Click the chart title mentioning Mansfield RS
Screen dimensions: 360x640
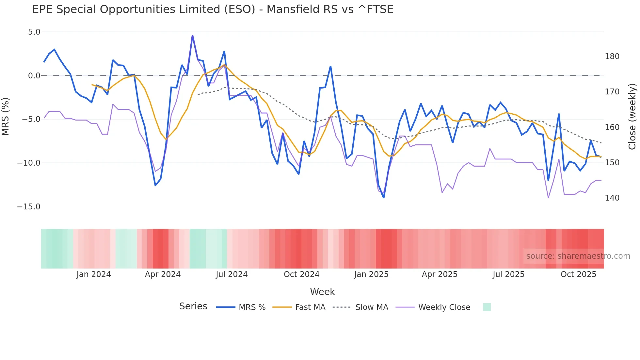point(213,9)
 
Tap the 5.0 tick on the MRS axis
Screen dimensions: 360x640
point(34,32)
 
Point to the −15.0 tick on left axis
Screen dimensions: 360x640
point(29,206)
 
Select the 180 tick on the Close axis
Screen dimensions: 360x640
point(612,57)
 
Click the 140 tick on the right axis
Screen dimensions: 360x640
point(612,198)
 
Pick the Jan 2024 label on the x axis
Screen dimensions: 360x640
point(93,274)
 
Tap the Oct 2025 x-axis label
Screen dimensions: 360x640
point(578,274)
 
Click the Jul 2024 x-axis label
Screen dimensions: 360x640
point(232,274)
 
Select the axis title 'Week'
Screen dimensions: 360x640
point(322,291)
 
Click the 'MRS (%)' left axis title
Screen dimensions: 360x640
point(5,116)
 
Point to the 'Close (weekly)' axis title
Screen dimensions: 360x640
point(632,116)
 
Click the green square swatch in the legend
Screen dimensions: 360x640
point(487,307)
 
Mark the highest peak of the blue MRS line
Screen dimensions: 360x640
point(192,36)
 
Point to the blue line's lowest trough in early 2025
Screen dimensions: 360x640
point(384,197)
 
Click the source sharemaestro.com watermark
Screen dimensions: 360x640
point(578,256)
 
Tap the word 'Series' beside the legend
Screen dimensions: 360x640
point(193,306)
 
